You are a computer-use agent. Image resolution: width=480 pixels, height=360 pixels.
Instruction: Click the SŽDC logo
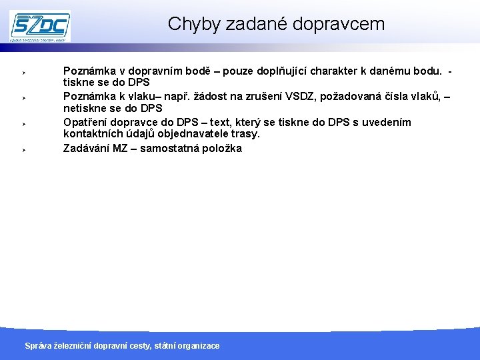point(40,26)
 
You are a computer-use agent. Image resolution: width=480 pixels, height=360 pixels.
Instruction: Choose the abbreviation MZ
point(121,148)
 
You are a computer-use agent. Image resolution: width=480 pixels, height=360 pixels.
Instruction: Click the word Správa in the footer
point(38,345)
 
